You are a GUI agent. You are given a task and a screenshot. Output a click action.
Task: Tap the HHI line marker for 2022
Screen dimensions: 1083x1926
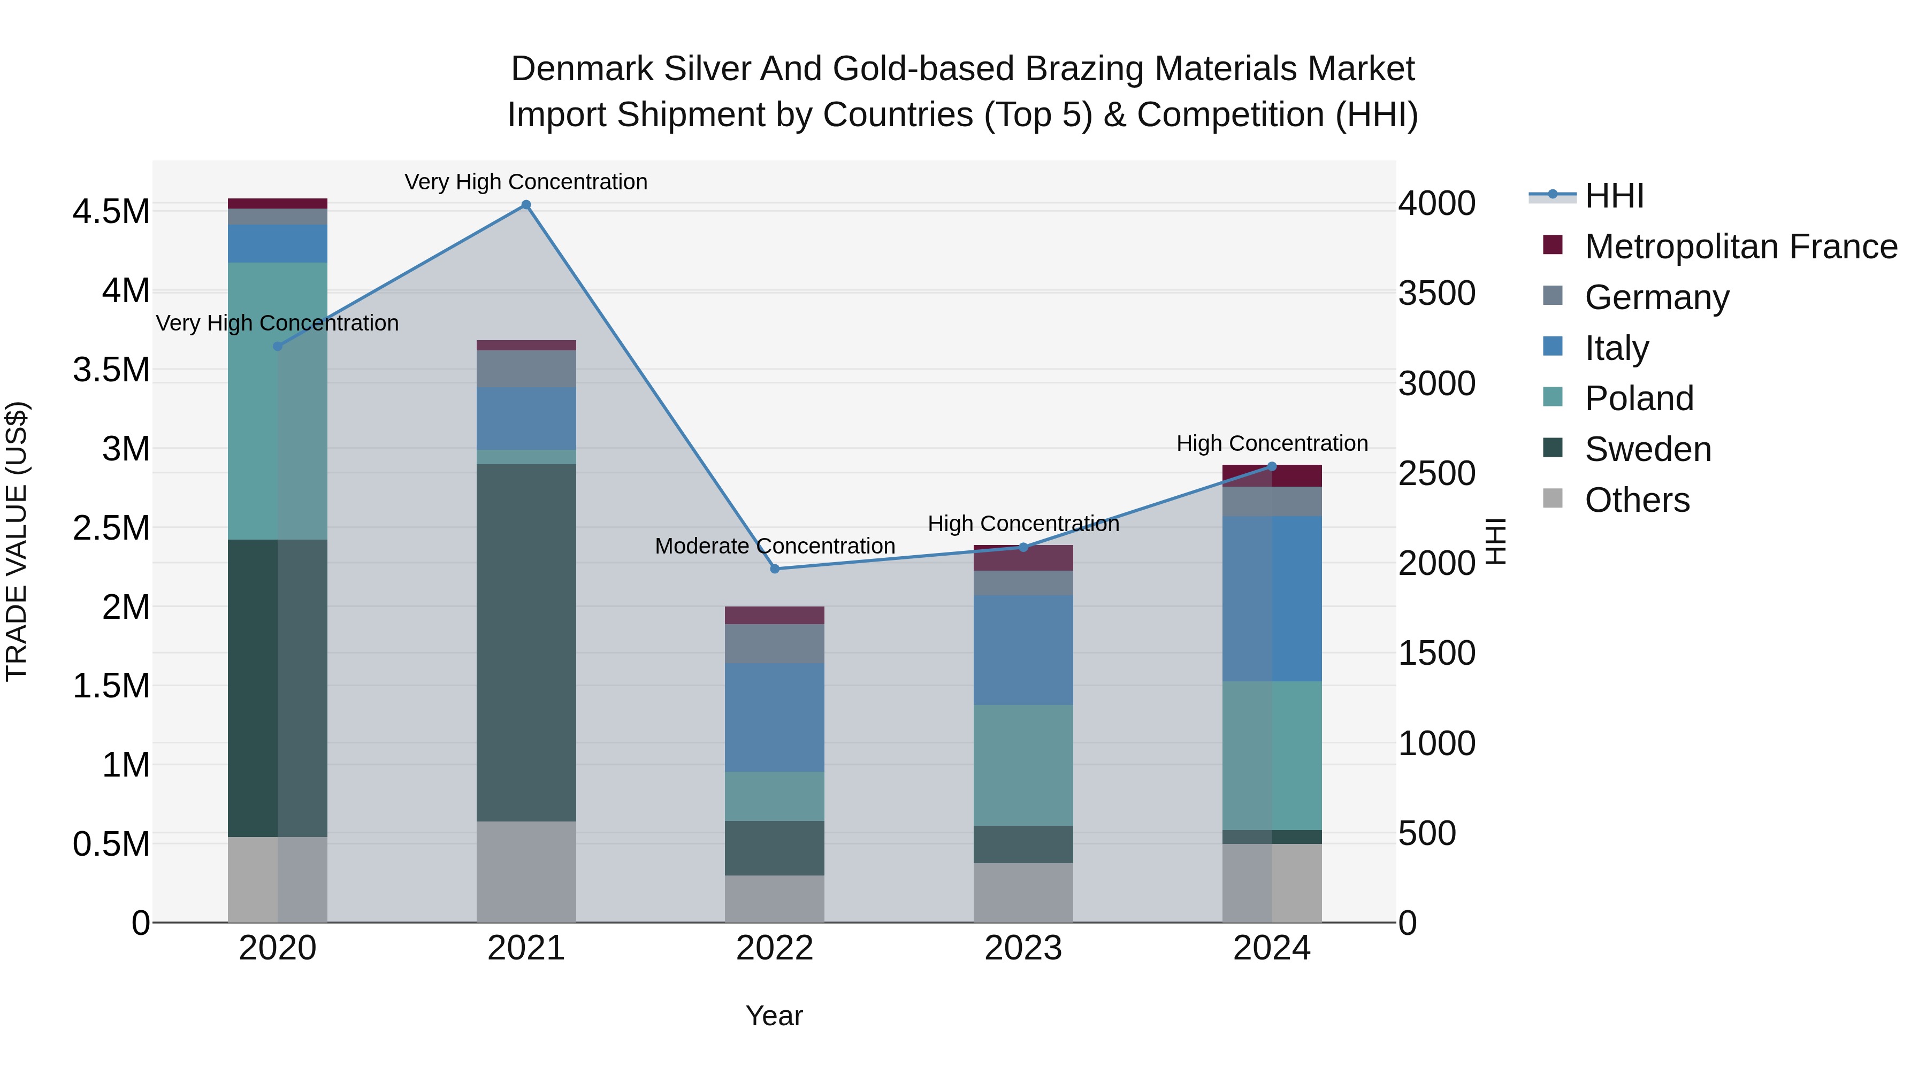(x=775, y=569)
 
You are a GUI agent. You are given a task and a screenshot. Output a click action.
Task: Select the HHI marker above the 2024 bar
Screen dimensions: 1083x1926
(x=1272, y=466)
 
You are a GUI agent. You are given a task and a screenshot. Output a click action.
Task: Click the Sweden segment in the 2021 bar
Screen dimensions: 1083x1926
(x=526, y=643)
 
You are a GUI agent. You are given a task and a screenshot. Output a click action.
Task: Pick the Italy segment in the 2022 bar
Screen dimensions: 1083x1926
(x=775, y=718)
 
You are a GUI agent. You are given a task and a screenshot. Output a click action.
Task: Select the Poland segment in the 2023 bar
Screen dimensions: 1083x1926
(x=1023, y=765)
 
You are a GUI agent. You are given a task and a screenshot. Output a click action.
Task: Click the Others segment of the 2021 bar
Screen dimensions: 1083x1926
(x=526, y=872)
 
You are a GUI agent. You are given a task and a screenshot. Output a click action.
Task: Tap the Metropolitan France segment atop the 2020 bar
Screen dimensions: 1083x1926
(x=277, y=203)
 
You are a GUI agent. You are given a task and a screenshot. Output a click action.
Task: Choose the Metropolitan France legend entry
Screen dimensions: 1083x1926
(x=1740, y=247)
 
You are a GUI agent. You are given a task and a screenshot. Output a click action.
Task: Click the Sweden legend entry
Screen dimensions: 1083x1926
(x=1647, y=449)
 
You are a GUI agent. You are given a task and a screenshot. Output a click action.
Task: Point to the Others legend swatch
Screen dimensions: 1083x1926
(x=1553, y=498)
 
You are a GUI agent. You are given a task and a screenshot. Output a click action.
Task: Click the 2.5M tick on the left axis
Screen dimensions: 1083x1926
(x=111, y=528)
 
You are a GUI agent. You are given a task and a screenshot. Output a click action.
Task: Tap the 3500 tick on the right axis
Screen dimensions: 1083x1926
(x=1436, y=294)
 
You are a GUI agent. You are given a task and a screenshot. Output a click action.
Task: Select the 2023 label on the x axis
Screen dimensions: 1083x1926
(x=1023, y=948)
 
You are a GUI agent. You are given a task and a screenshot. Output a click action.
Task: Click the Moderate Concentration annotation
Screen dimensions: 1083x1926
(x=775, y=547)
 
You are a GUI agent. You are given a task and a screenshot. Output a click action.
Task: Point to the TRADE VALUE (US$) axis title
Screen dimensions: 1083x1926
(x=17, y=541)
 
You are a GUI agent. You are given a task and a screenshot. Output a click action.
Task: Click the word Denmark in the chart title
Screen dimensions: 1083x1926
(x=583, y=69)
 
